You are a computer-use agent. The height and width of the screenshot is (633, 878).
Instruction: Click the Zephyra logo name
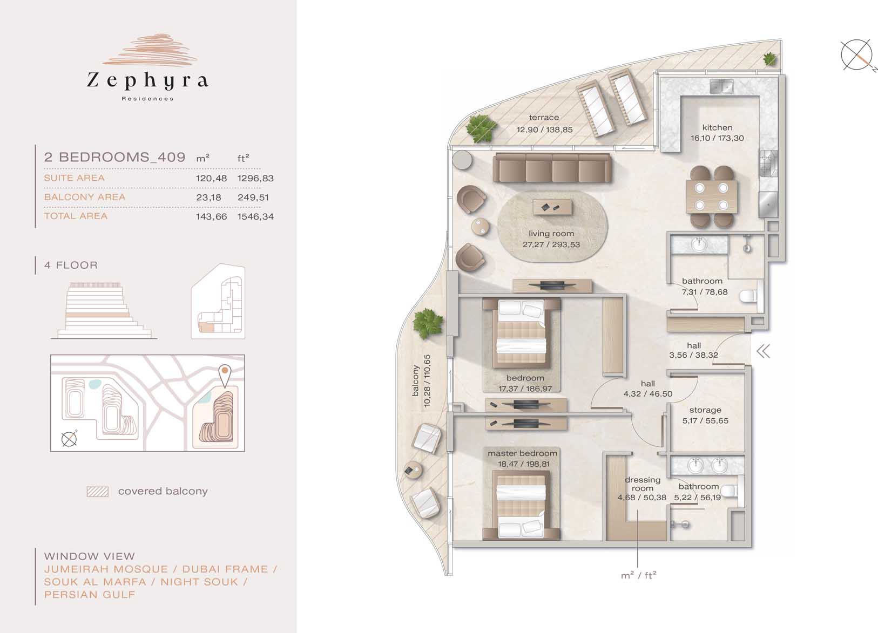[147, 81]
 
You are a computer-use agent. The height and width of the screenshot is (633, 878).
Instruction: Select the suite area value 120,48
[211, 178]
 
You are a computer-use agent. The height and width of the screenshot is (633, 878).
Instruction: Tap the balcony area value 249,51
[253, 198]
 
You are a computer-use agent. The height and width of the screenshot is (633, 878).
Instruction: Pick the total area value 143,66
[211, 216]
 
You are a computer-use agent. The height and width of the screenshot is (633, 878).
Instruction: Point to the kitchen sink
[721, 86]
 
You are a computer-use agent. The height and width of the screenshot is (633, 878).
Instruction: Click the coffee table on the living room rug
[552, 207]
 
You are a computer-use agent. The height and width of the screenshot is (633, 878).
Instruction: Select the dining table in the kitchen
[711, 196]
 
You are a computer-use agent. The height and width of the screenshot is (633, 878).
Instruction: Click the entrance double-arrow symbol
[763, 351]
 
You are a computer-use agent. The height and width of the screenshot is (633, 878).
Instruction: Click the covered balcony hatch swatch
[98, 492]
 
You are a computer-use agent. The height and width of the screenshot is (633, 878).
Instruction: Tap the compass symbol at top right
[857, 55]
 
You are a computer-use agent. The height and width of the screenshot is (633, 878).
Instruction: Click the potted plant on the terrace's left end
[481, 128]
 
